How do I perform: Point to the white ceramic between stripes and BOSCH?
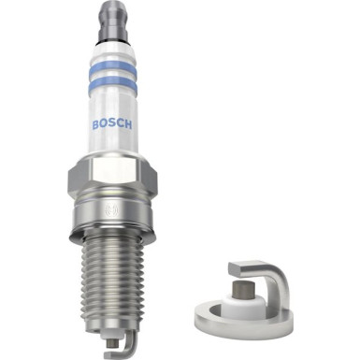pos(112,103)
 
